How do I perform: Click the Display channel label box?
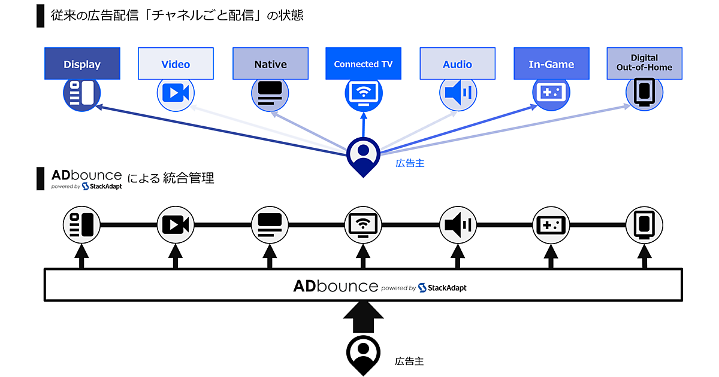click(82, 64)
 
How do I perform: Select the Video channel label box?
click(176, 64)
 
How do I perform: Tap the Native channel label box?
click(270, 64)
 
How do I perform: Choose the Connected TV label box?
click(363, 64)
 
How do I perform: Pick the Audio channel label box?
click(457, 64)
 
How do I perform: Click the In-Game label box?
click(551, 64)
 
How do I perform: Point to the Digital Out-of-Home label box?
click(644, 63)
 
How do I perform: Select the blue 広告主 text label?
click(410, 163)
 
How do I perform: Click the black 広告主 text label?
click(410, 361)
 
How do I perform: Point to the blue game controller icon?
click(551, 93)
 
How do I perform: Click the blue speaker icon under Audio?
click(458, 93)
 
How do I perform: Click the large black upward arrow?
click(362, 317)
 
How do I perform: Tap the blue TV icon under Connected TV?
click(363, 93)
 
